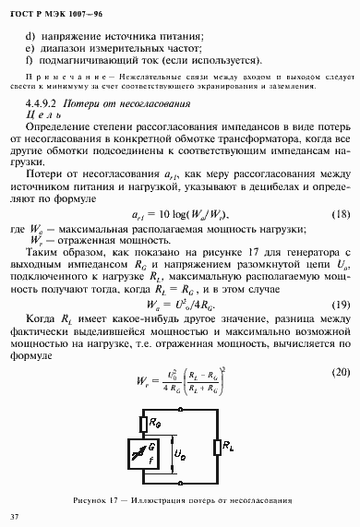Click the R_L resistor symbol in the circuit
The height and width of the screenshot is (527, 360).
tap(215, 448)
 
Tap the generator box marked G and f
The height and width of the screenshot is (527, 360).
tap(129, 455)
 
